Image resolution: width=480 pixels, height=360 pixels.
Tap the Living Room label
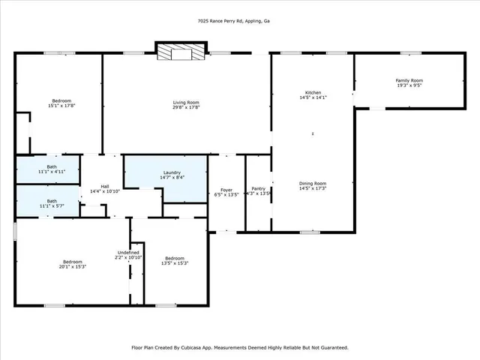[186, 102]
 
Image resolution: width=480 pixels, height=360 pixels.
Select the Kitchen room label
[313, 92]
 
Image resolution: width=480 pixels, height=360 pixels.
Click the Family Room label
[409, 80]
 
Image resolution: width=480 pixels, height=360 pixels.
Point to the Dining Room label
[313, 183]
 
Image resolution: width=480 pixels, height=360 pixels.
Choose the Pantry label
[258, 189]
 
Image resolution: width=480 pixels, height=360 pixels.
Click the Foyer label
[226, 190]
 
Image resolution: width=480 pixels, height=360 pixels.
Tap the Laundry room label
[171, 173]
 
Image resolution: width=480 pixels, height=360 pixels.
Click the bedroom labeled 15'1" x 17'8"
[61, 100]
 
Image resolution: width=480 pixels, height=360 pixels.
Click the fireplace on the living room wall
[180, 52]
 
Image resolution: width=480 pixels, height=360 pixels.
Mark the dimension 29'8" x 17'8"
[186, 107]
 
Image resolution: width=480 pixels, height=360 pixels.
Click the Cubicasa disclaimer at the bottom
[239, 347]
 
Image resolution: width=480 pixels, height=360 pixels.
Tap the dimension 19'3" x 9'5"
[409, 85]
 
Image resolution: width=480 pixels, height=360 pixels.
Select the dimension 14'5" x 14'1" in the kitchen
[313, 97]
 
